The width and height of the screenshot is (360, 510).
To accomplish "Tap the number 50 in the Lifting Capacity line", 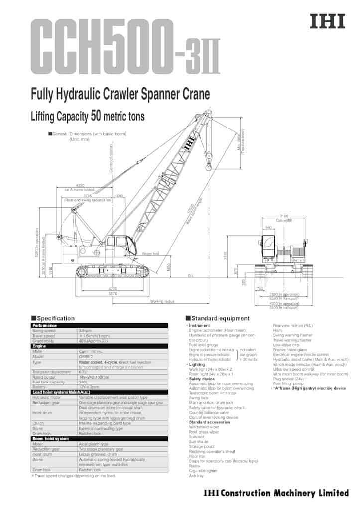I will click(96, 116).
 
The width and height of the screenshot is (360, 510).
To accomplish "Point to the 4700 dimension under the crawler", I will click(113, 289).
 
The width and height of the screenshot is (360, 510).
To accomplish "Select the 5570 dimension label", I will click(113, 294).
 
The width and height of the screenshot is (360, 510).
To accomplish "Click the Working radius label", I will click(162, 301).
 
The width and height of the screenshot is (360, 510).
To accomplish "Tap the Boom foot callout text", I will click(150, 254).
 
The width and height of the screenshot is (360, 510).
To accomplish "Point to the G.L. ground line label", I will click(191, 275).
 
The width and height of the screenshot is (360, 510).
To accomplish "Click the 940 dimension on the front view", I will click(269, 227).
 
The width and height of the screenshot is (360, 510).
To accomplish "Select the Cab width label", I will click(284, 220).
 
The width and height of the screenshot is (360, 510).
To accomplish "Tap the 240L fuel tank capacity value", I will click(83, 382).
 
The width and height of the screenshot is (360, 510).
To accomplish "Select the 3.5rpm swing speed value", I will click(85, 331).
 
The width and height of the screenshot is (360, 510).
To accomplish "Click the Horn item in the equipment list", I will click(277, 330).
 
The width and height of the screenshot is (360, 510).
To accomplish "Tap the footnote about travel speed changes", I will click(73, 476).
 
